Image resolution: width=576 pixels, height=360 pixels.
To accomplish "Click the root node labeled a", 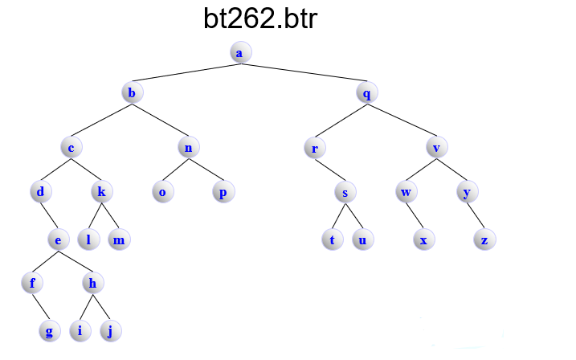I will pyautogui.click(x=239, y=52).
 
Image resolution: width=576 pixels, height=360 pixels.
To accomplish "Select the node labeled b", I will pyautogui.click(x=132, y=92).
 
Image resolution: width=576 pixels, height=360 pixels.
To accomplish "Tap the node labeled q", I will pyautogui.click(x=366, y=92).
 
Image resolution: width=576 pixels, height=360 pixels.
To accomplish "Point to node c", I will pyautogui.click(x=72, y=147).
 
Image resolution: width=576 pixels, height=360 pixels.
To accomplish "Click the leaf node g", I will pyautogui.click(x=50, y=331).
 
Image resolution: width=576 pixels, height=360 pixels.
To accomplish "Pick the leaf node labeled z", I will pyautogui.click(x=484, y=239).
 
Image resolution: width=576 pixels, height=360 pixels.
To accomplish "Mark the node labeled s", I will pyautogui.click(x=345, y=193).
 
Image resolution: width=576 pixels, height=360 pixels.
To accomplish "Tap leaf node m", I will pyautogui.click(x=119, y=239).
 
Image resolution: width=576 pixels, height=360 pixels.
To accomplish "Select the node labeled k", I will pyautogui.click(x=101, y=192).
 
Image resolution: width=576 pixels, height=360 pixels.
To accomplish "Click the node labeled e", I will pyautogui.click(x=57, y=239).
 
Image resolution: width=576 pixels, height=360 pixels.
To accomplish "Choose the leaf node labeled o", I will pyautogui.click(x=162, y=192).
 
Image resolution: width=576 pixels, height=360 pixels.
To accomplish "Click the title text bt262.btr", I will pyautogui.click(x=260, y=19).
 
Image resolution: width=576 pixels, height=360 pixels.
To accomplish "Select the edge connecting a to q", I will pyautogui.click(x=303, y=72).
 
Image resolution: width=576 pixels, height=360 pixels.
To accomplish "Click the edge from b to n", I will pyautogui.click(x=161, y=120).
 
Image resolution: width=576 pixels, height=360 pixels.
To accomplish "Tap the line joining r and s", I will pyautogui.click(x=329, y=170).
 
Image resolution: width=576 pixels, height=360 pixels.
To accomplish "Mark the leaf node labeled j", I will pyautogui.click(x=110, y=331).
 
